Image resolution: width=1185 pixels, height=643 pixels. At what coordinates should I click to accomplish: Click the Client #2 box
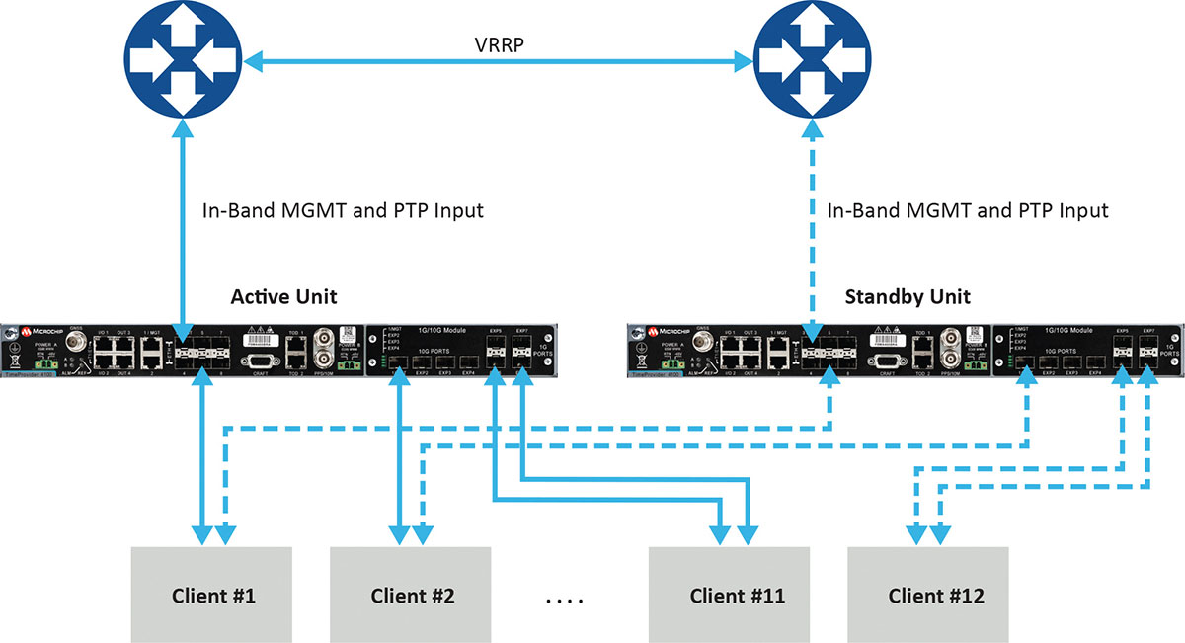(412, 596)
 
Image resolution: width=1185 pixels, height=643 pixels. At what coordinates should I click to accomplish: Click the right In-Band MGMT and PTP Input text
(968, 210)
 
